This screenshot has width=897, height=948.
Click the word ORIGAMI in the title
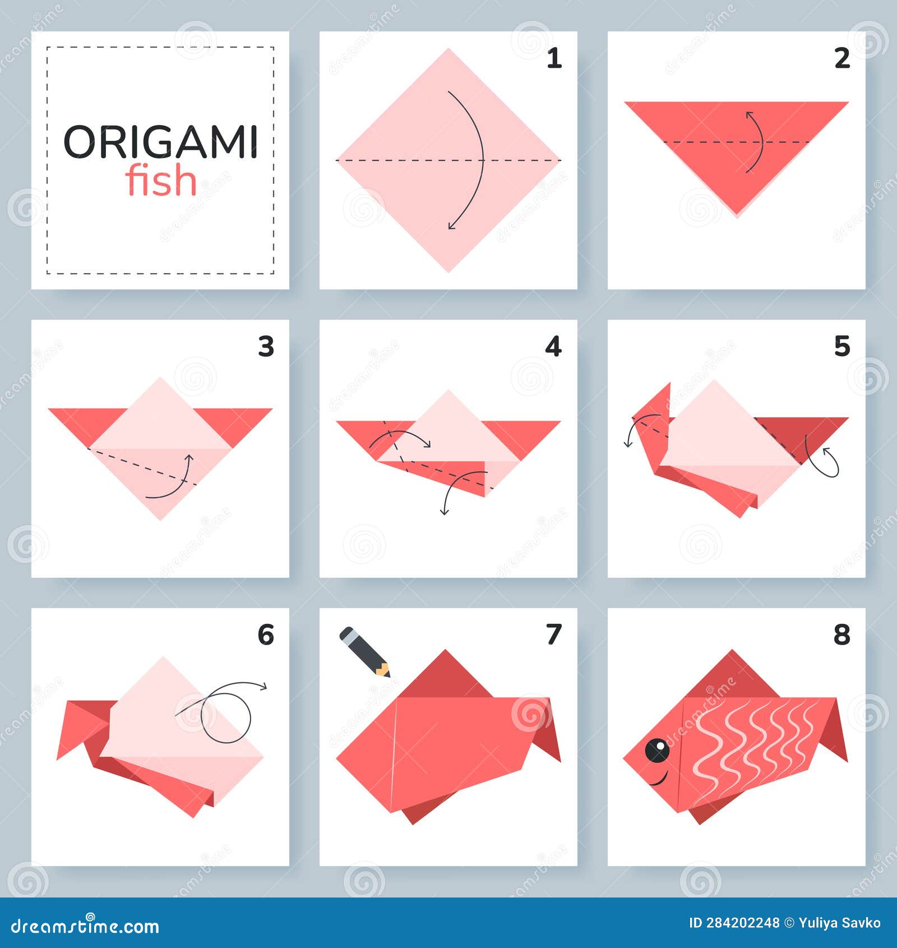pyautogui.click(x=160, y=142)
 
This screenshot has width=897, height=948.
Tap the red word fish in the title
pyautogui.click(x=161, y=181)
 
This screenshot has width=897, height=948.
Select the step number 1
pyautogui.click(x=554, y=58)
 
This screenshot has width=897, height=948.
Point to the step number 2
pyautogui.click(x=841, y=58)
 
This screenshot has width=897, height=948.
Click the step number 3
pyautogui.click(x=266, y=347)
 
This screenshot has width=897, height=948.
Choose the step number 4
pyautogui.click(x=553, y=347)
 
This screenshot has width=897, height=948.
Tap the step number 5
pyautogui.click(x=841, y=347)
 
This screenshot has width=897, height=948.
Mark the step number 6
pyautogui.click(x=265, y=635)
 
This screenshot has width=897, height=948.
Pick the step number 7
pyautogui.click(x=553, y=635)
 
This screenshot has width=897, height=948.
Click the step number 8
pyautogui.click(x=841, y=635)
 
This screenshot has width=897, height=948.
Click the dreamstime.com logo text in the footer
pyautogui.click(x=85, y=927)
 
